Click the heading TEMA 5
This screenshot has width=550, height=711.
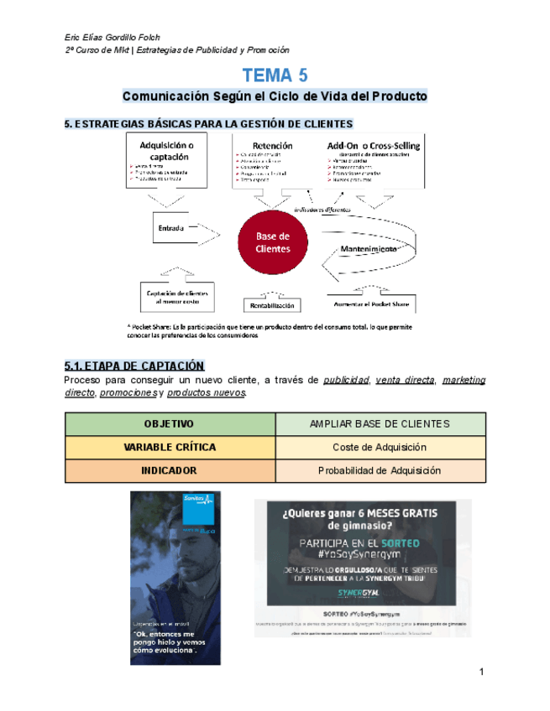tap(275, 75)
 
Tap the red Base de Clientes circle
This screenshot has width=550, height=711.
tap(274, 242)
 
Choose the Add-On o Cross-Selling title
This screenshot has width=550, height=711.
tap(373, 145)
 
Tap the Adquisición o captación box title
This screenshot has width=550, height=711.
tap(169, 150)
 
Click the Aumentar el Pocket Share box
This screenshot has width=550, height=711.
tap(373, 303)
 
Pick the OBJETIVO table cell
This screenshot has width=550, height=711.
tap(169, 424)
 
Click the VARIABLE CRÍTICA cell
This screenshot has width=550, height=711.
tap(169, 448)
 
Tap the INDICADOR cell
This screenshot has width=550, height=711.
tap(169, 471)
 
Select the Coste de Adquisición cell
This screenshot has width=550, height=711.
tap(380, 448)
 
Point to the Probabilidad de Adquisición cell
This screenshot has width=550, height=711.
tap(380, 471)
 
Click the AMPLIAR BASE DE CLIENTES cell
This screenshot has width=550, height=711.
tap(380, 424)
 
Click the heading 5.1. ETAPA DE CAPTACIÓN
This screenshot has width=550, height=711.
tap(134, 366)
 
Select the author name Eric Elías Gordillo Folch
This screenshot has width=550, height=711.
tap(112, 38)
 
